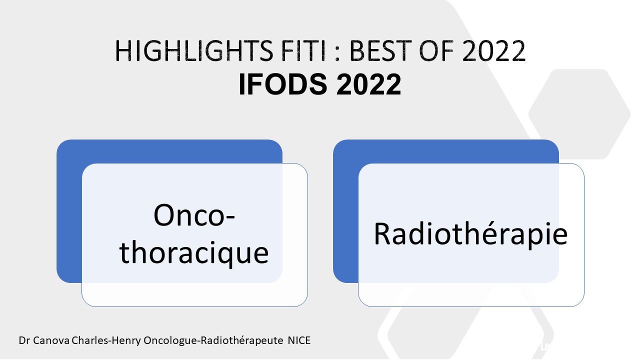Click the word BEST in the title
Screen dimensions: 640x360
point(380,51)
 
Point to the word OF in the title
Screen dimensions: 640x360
point(436,51)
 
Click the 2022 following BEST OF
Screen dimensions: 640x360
point(493,51)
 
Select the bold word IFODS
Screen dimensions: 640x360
point(283,84)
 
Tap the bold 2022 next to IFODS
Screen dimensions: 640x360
point(368,84)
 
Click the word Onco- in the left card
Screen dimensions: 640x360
point(194,215)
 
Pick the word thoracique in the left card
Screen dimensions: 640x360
point(194,253)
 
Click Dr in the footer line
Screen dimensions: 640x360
point(24,340)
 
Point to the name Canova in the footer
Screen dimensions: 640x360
point(51,340)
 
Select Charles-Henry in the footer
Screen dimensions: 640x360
point(106,340)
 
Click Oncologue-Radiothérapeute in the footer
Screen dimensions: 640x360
point(213,340)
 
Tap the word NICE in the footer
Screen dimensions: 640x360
point(299,340)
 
